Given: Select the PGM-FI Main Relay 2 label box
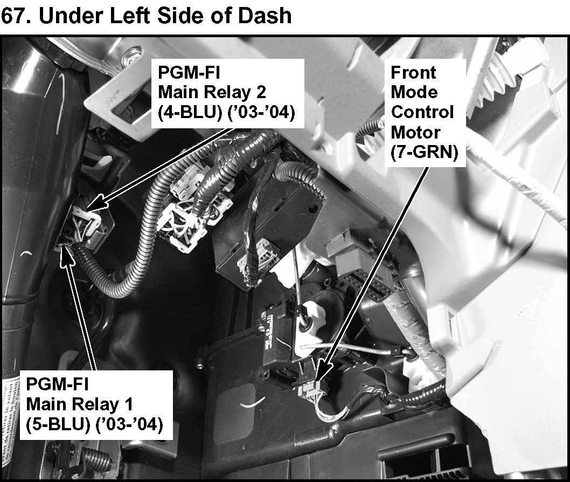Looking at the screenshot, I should point(227,93).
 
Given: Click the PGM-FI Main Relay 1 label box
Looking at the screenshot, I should point(93,404).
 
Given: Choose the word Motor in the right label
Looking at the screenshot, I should point(415,132).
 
